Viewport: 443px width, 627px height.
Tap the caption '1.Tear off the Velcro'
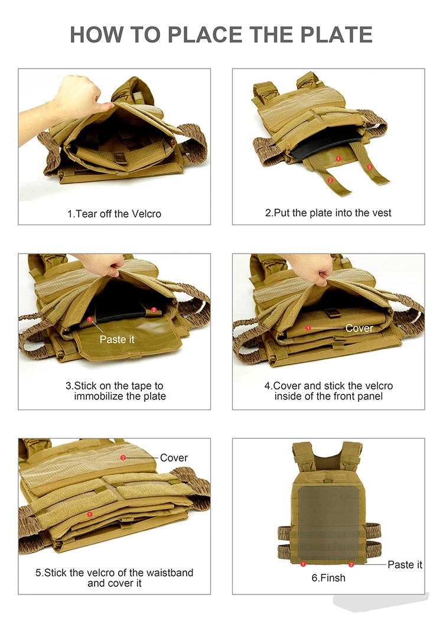pos(115,214)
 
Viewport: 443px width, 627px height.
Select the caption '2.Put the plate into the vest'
pos(328,213)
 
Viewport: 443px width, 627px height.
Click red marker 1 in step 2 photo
pos(338,159)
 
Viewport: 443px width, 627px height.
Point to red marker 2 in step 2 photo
pos(330,180)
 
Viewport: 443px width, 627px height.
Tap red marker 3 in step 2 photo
pos(369,167)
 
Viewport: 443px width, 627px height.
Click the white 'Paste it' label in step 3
pos(117,339)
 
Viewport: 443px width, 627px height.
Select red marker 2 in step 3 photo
pos(154,310)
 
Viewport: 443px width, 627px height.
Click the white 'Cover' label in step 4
pos(359,329)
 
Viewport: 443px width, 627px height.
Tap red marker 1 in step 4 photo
pos(308,328)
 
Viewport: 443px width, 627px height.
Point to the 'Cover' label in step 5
pos(174,458)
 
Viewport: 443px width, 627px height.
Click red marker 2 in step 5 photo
pos(123,457)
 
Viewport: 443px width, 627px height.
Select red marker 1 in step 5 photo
pos(90,514)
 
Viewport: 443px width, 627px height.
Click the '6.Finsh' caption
pos(328,578)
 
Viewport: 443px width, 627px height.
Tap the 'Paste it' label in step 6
pos(405,564)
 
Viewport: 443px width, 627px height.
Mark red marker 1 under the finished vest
pos(303,564)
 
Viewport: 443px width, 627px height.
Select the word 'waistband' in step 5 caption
pos(170,573)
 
